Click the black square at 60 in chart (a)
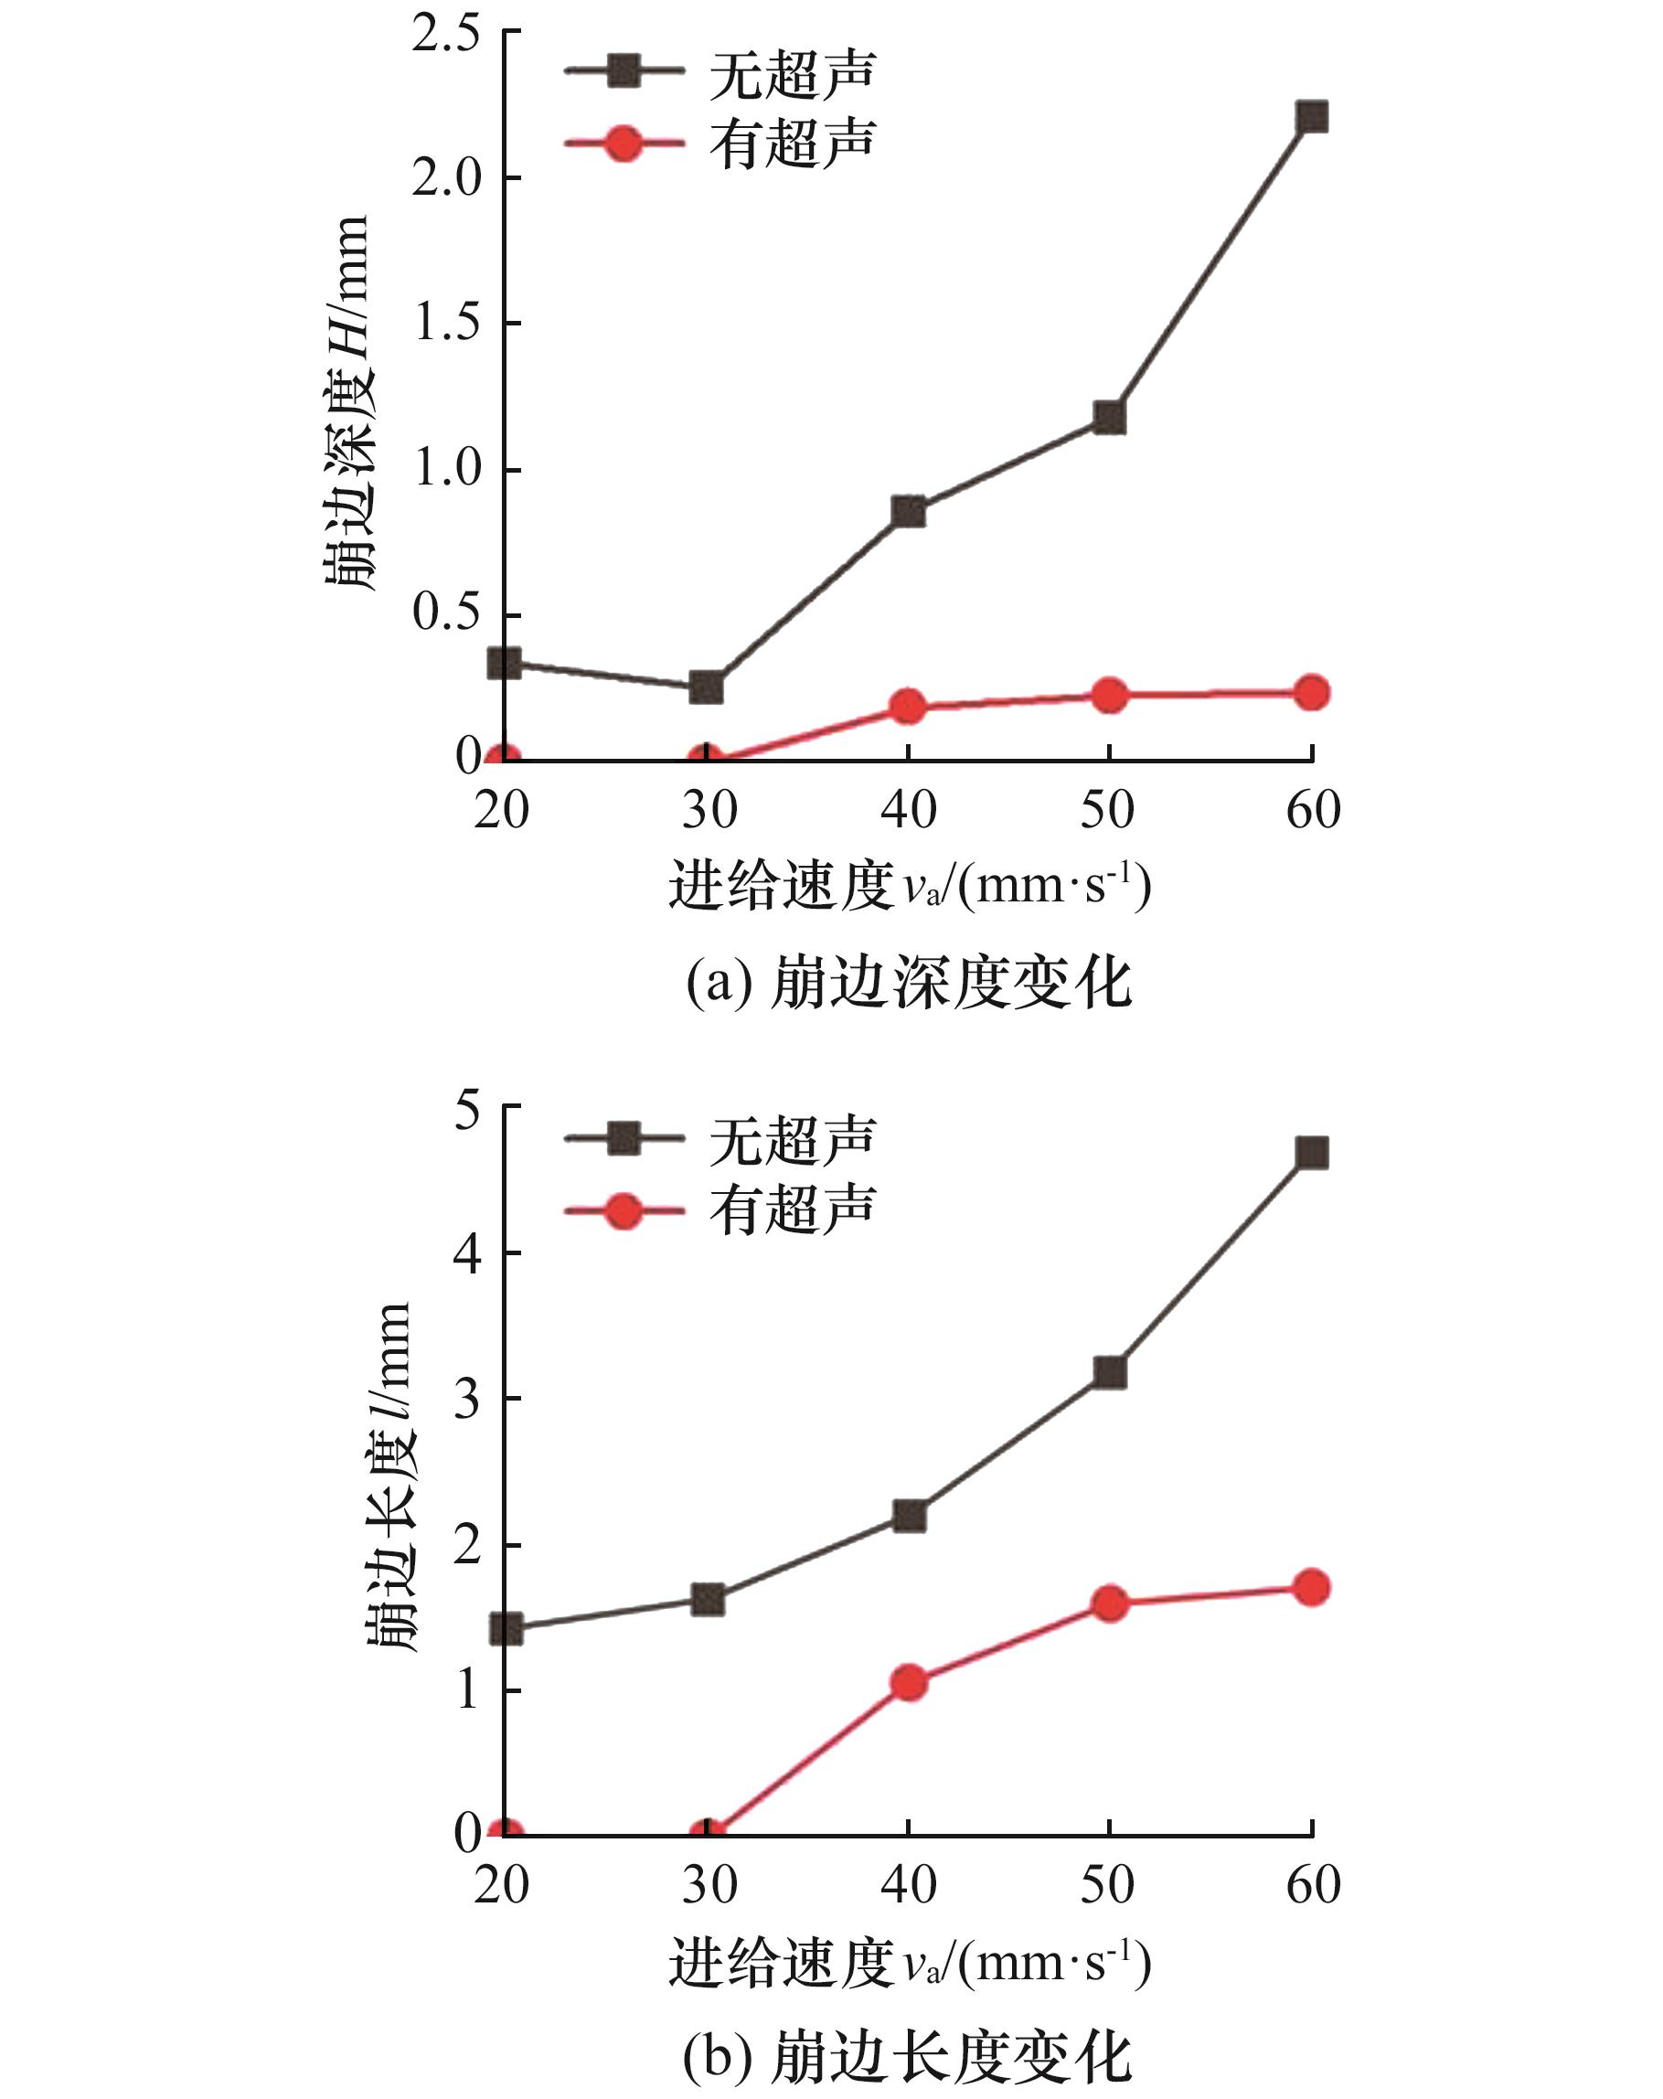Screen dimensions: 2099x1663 pos(1312,118)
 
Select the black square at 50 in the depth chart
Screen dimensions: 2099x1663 pos(1109,418)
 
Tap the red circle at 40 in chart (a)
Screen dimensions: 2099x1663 pos(909,706)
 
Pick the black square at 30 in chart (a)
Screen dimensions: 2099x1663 pos(706,687)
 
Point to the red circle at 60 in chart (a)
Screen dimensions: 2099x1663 pos(1312,693)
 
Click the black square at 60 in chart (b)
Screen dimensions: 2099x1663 pos(1312,1154)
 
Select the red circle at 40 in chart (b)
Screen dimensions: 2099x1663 pos(909,1682)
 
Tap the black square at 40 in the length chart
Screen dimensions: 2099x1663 pos(909,1516)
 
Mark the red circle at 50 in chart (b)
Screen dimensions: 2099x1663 pos(1109,1604)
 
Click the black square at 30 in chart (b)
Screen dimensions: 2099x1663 pos(708,1600)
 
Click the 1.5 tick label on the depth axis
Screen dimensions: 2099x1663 pos(447,325)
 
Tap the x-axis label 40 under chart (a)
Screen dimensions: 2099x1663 pos(909,810)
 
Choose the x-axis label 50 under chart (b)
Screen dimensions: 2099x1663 pos(1108,1885)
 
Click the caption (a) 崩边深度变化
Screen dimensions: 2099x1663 pos(909,984)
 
